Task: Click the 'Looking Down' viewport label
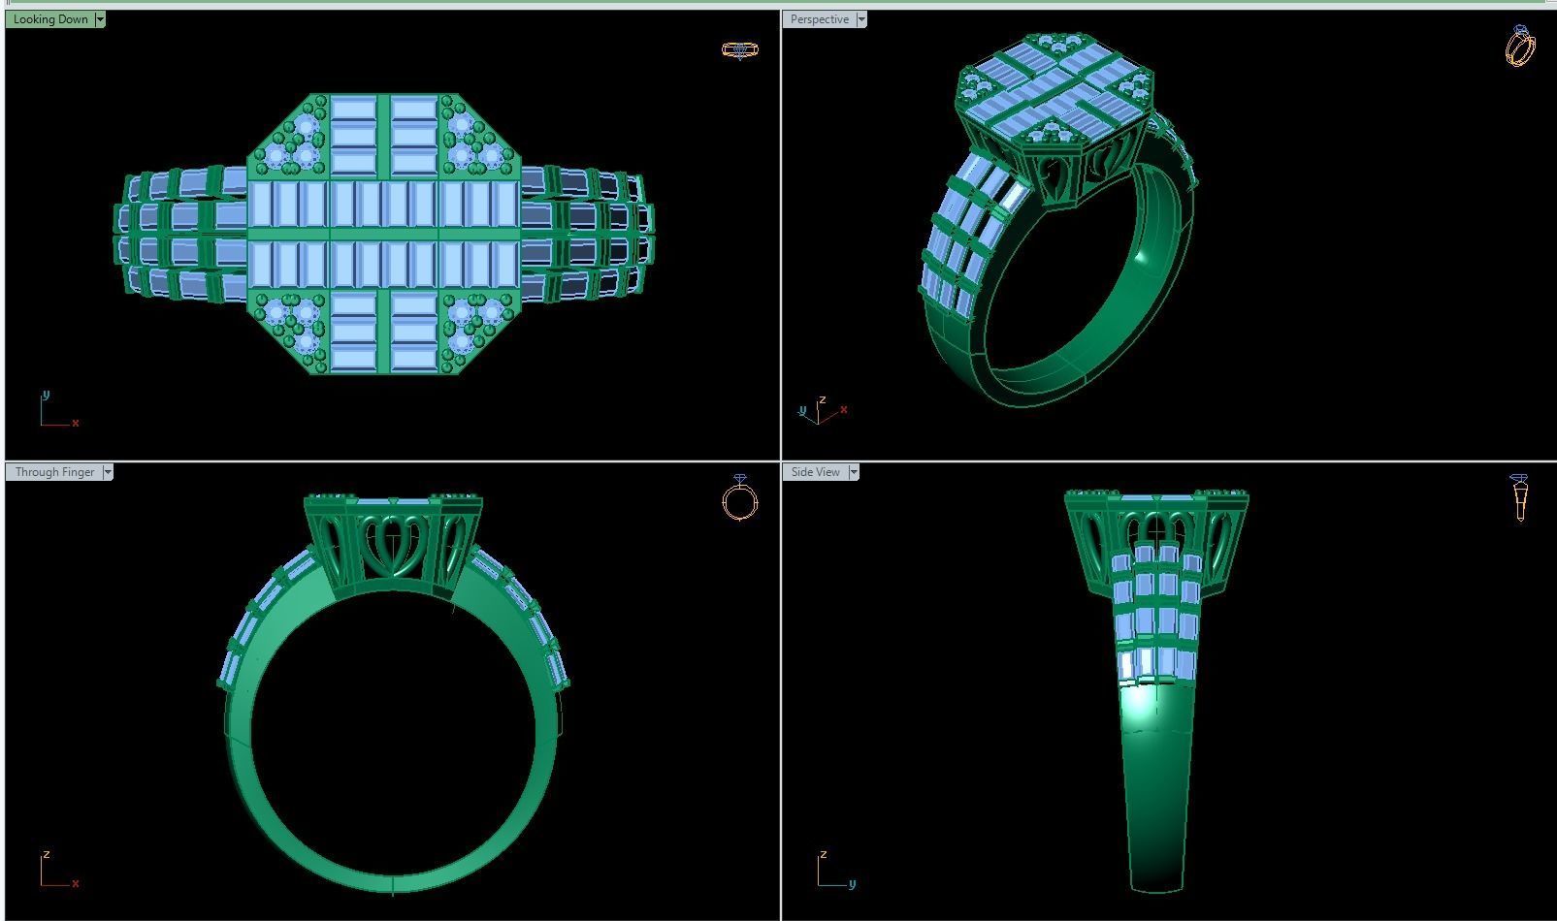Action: tap(50, 19)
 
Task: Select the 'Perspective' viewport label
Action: tap(819, 19)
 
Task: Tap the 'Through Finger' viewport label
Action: tap(54, 472)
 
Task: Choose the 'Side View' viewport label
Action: tap(815, 472)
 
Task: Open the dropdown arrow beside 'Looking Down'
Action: tap(100, 19)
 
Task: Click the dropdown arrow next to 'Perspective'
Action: tap(861, 19)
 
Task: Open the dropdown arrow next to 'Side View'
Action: tap(854, 472)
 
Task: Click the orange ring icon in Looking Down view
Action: tap(740, 49)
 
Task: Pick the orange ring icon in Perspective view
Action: tap(1520, 46)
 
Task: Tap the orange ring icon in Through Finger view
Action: tap(740, 498)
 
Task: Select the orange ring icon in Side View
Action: tap(1519, 497)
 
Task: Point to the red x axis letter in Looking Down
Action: tap(76, 423)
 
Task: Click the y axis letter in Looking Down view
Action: tap(46, 395)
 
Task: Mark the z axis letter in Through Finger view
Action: tap(46, 855)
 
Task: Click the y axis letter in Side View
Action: tap(852, 883)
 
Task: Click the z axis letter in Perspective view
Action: tap(822, 399)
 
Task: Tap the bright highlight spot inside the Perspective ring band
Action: tap(1143, 257)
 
